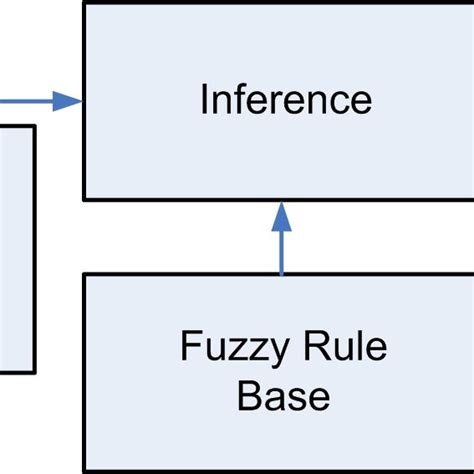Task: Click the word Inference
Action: pyautogui.click(x=285, y=101)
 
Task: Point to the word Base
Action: pyautogui.click(x=283, y=397)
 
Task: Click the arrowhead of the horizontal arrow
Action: pyautogui.click(x=68, y=101)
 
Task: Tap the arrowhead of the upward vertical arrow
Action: pyautogui.click(x=281, y=215)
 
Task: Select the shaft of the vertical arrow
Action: pyautogui.click(x=281, y=250)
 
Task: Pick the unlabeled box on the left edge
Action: pyautogui.click(x=15, y=250)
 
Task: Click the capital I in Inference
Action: pyautogui.click(x=205, y=101)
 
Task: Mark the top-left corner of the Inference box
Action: pyautogui.click(x=84, y=3)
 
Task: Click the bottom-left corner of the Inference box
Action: pyautogui.click(x=84, y=199)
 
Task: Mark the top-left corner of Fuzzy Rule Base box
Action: pyautogui.click(x=84, y=275)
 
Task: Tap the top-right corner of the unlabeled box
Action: pyautogui.click(x=35, y=126)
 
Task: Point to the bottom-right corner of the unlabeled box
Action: pyautogui.click(x=35, y=373)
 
